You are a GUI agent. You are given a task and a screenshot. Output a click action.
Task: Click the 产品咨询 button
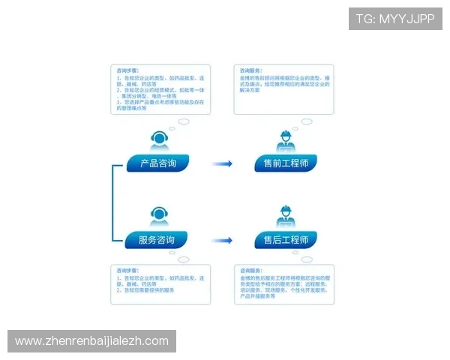coord(157,163)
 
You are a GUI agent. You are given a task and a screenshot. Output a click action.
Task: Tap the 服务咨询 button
coord(157,240)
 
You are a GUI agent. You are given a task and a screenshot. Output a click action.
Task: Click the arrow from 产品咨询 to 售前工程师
coord(220,163)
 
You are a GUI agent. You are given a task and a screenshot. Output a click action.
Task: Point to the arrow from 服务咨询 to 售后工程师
coord(220,241)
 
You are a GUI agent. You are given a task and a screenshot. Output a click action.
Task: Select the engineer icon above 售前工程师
coord(286,140)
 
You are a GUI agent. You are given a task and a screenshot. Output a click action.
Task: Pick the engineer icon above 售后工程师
coord(286,217)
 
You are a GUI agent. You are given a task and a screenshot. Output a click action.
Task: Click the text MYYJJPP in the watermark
coord(417,19)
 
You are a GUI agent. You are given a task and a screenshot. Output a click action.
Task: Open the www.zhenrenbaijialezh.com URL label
coord(91,341)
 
